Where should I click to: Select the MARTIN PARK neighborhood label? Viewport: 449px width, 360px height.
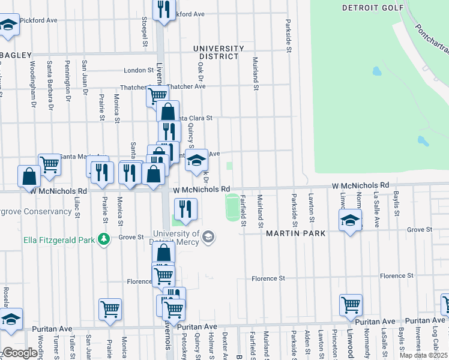(x=296, y=233)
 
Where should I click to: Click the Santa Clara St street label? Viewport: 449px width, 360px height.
(x=193, y=118)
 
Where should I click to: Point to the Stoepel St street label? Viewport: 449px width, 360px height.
(x=145, y=35)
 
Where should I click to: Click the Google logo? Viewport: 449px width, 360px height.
(x=20, y=353)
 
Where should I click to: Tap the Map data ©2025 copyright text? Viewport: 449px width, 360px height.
(x=415, y=355)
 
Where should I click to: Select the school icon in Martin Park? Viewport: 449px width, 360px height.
(x=350, y=220)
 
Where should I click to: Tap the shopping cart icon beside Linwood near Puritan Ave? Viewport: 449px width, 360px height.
(x=351, y=304)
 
